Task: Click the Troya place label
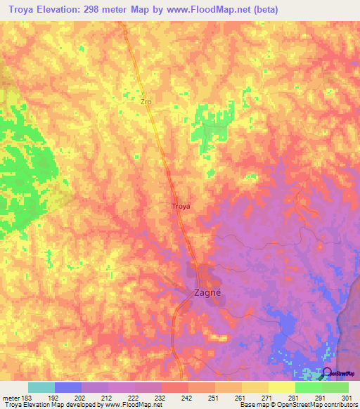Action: (x=181, y=206)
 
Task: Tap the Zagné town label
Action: (x=207, y=294)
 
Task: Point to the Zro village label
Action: (x=146, y=102)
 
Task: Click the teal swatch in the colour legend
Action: (x=41, y=387)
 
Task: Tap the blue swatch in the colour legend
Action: (x=68, y=387)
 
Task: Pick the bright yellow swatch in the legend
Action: (x=282, y=387)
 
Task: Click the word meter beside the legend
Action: (x=10, y=397)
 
